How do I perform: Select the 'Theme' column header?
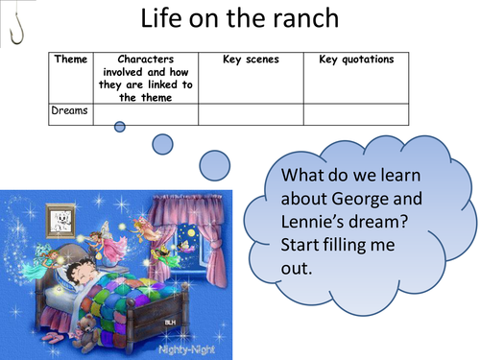pos(70,60)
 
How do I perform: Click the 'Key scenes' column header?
pos(251,60)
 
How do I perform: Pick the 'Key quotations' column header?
pos(355,60)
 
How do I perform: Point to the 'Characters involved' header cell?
pos(145,77)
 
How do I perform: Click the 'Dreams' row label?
pos(70,110)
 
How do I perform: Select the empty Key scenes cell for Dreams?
pos(251,113)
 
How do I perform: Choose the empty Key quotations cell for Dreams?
pos(355,113)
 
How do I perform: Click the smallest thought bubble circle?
pos(120,126)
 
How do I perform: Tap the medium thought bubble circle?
pos(163,144)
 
